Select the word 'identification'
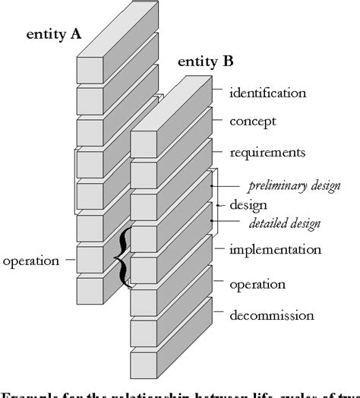click(x=268, y=93)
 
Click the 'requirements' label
click(x=268, y=152)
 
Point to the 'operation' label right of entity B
click(x=257, y=284)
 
